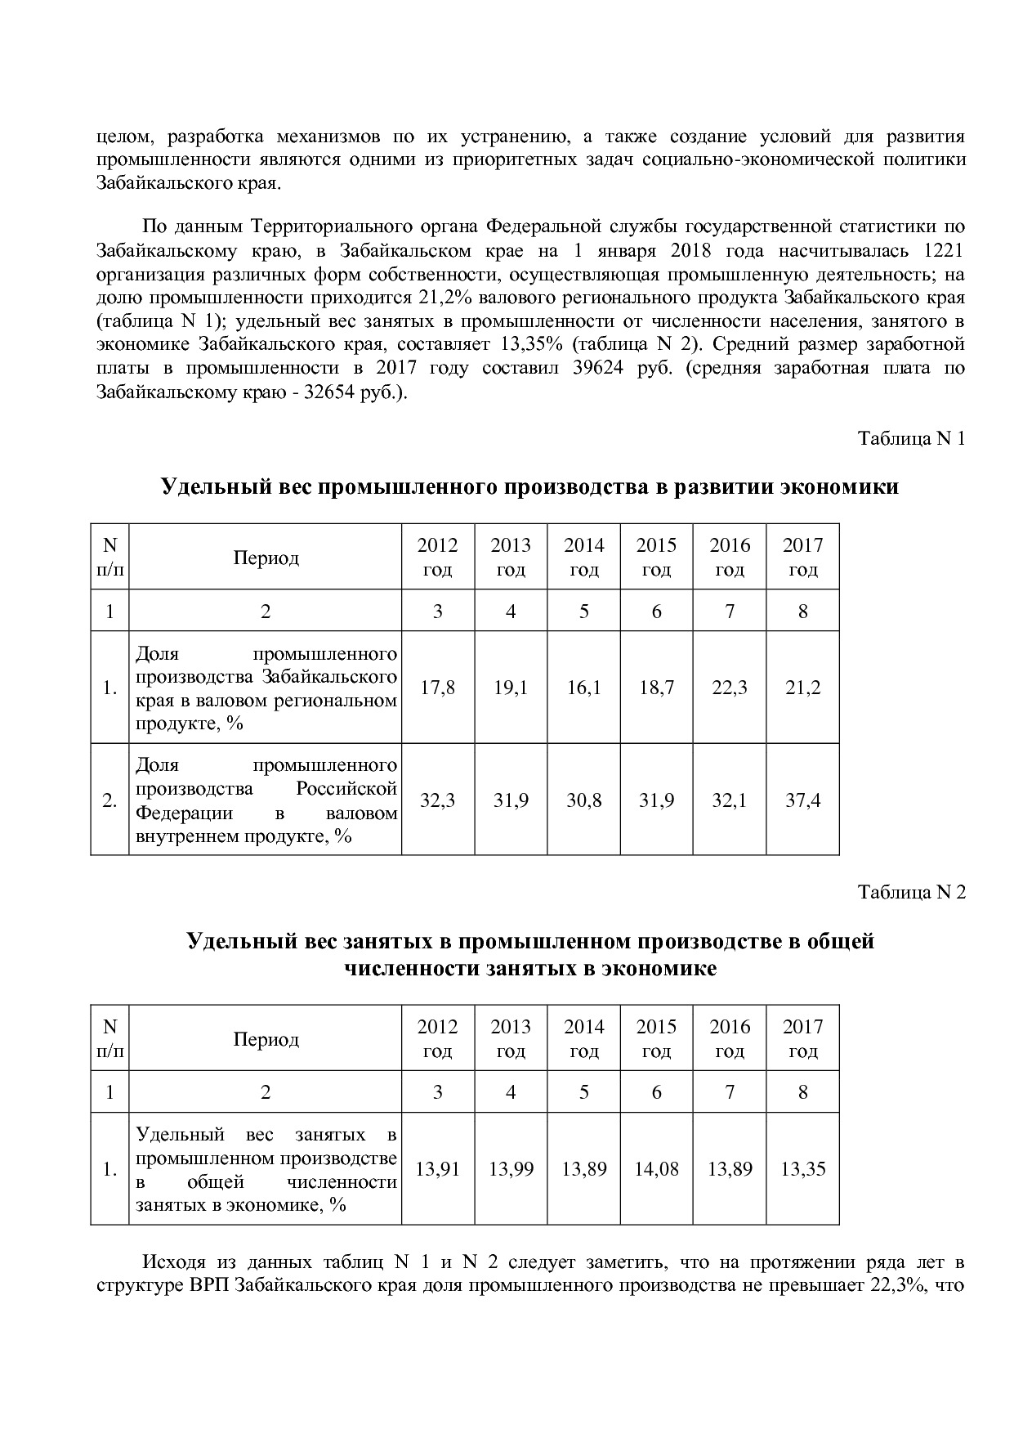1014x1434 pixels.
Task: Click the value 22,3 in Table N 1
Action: (x=729, y=688)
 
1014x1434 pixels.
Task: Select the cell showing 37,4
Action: (x=802, y=800)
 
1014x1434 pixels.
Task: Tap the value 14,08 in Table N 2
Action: (x=656, y=1169)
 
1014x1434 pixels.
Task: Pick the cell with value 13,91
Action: (x=437, y=1169)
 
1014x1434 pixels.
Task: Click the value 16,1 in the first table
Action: (x=583, y=688)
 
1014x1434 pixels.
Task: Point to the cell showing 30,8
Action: (x=583, y=800)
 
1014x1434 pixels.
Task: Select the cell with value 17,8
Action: (x=437, y=688)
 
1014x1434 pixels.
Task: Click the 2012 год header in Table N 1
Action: (x=437, y=557)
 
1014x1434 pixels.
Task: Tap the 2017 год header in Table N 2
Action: (x=802, y=1038)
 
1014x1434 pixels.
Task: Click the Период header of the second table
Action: (x=266, y=1039)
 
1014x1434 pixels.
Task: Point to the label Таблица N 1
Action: (x=911, y=439)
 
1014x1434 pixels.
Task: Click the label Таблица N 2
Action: (x=911, y=892)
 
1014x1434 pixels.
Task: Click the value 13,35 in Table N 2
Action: (x=802, y=1169)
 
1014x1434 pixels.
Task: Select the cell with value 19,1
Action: (x=511, y=688)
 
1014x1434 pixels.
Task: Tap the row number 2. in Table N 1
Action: (x=109, y=800)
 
